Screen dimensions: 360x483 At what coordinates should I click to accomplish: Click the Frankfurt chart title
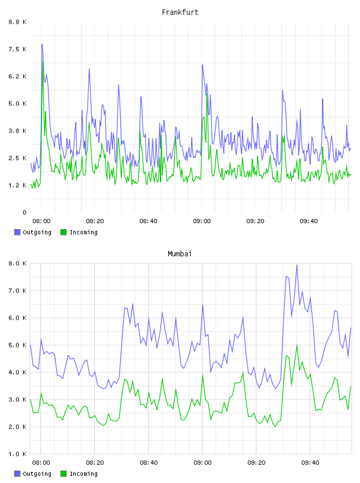(180, 12)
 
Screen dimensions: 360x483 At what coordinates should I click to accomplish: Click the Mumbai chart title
(179, 253)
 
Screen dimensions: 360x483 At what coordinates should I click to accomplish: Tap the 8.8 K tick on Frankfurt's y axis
(17, 22)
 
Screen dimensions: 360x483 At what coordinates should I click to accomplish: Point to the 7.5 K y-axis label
(17, 49)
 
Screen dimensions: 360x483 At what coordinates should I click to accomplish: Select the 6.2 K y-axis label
(17, 76)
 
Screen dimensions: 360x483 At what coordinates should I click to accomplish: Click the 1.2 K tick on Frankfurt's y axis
(17, 185)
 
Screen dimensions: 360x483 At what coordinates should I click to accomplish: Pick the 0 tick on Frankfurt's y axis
(24, 212)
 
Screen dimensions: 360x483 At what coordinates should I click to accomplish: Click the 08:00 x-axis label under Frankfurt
(41, 221)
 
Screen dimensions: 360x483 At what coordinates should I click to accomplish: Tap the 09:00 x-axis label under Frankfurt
(202, 221)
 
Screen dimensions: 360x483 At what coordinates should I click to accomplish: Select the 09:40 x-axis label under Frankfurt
(309, 221)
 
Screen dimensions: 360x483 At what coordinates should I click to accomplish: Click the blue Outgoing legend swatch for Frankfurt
(17, 232)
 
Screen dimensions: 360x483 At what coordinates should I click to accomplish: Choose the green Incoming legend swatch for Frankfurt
(63, 232)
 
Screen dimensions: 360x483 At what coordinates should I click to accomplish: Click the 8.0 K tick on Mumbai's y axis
(17, 263)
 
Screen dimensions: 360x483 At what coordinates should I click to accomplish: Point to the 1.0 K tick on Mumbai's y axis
(17, 454)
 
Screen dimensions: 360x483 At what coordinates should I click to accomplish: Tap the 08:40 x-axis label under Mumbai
(149, 462)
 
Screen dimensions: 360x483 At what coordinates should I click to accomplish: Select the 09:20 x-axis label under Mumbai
(256, 462)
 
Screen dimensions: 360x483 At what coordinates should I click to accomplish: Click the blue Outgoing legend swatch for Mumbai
(17, 474)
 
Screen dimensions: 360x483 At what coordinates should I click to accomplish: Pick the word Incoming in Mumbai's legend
(83, 474)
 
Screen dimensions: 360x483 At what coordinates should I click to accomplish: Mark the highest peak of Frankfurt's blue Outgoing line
(42, 44)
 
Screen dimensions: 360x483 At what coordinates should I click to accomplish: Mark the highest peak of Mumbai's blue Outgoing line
(297, 265)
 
